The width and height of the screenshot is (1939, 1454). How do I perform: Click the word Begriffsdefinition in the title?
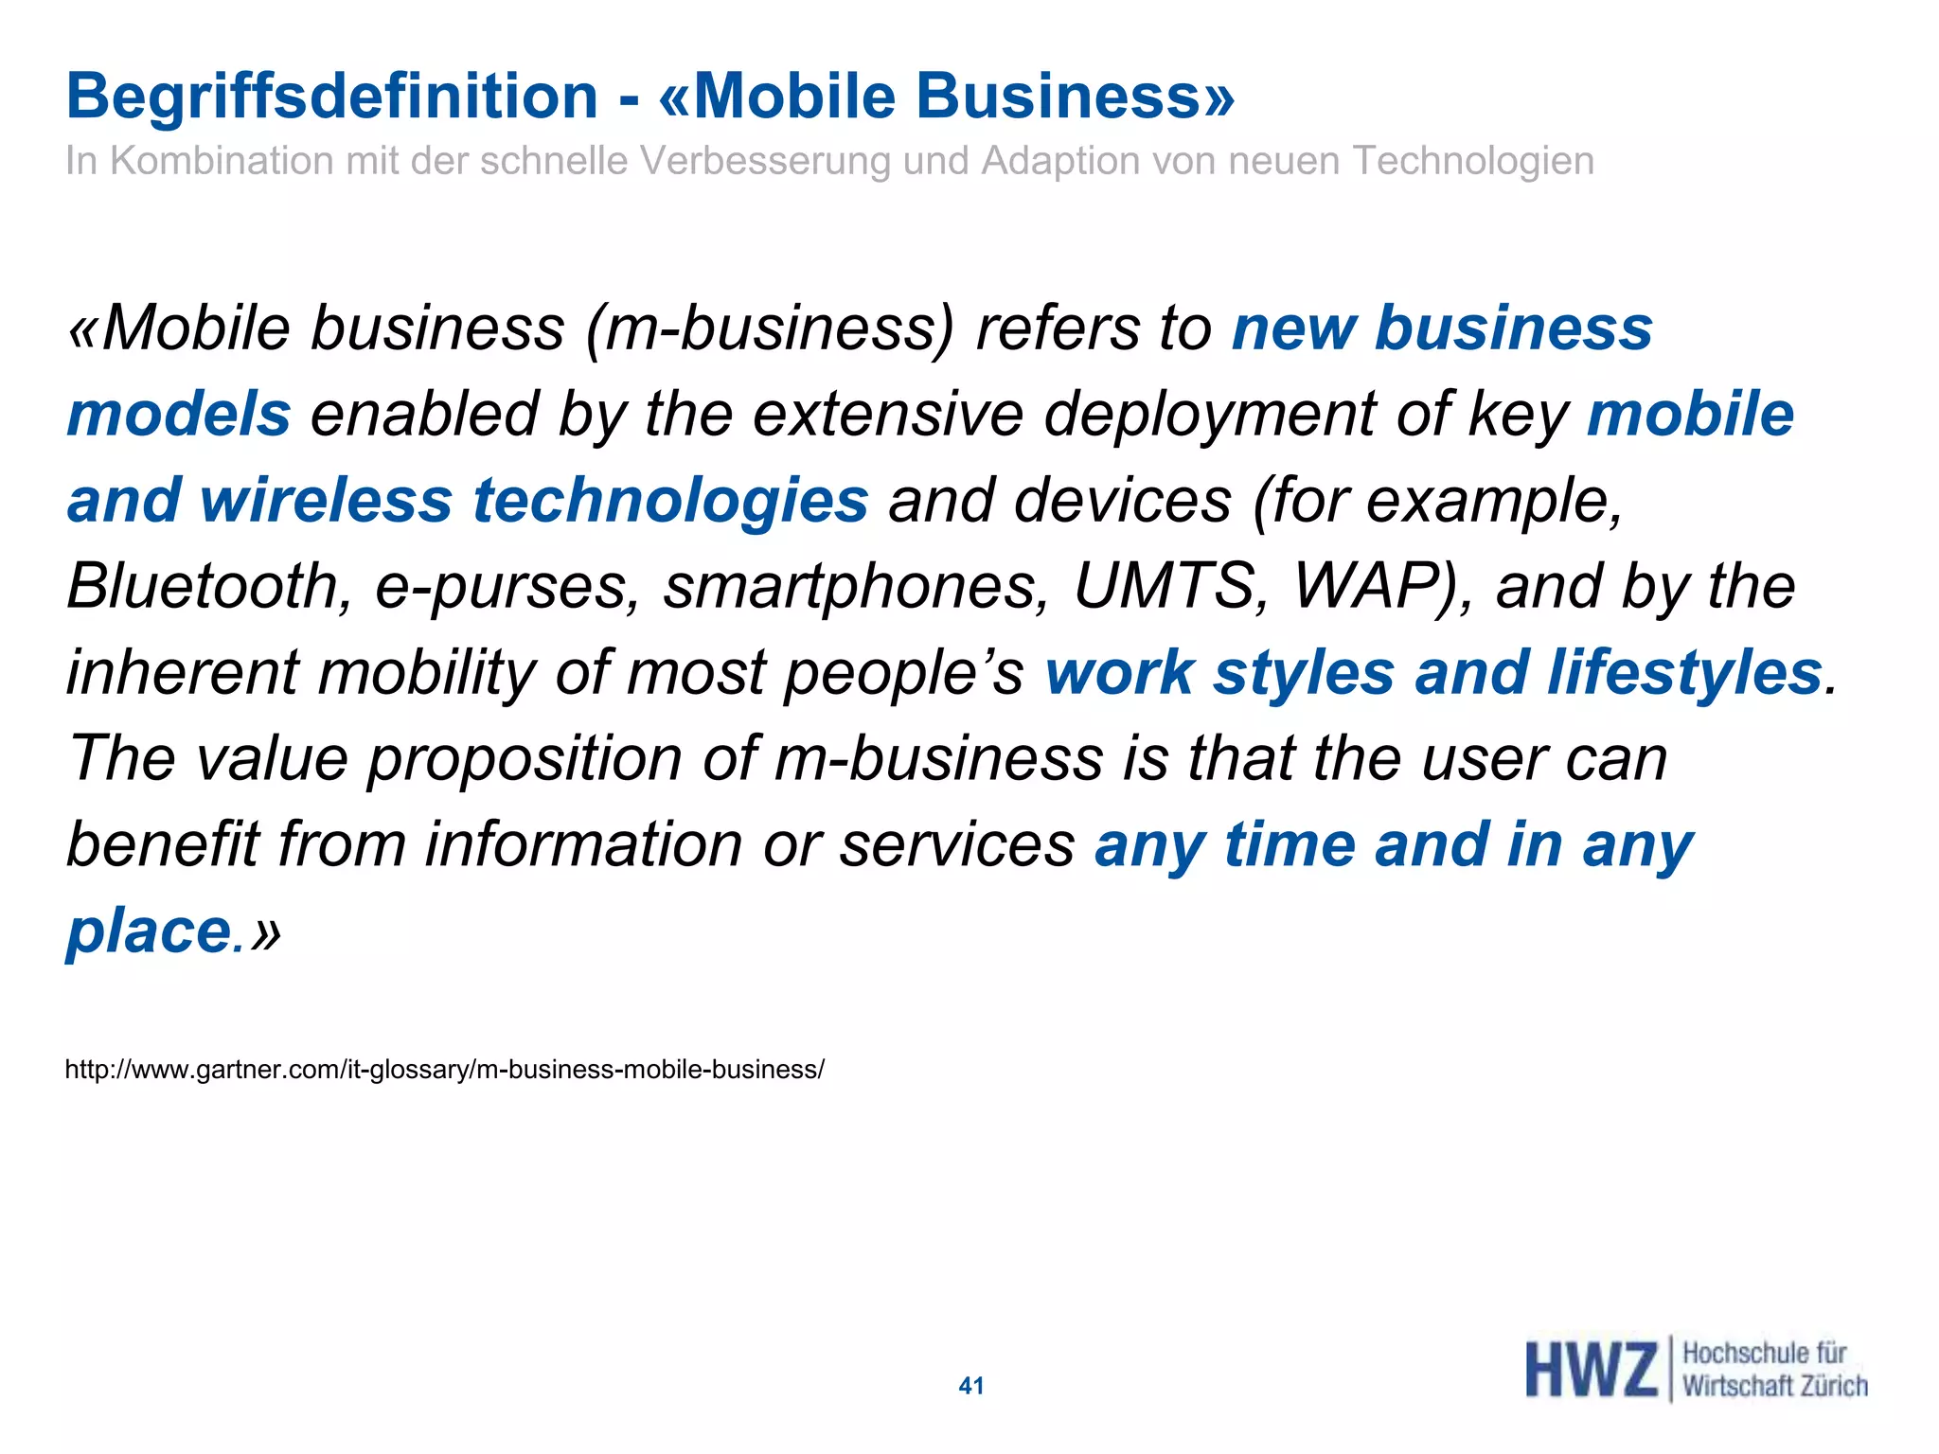click(x=331, y=97)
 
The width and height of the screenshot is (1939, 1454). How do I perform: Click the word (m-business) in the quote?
click(x=770, y=329)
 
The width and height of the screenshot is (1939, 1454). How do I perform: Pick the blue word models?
click(x=179, y=415)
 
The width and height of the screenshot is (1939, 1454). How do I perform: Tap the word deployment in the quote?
click(x=1209, y=415)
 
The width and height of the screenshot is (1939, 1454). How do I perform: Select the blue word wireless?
click(x=326, y=500)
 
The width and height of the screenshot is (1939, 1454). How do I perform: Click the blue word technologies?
click(x=670, y=502)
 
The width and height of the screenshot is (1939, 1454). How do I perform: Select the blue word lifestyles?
click(x=1684, y=673)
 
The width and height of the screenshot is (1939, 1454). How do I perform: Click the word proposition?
click(x=524, y=760)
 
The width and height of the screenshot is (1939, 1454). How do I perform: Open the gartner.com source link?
click(x=444, y=1070)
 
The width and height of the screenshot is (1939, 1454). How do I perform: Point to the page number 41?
click(x=971, y=1386)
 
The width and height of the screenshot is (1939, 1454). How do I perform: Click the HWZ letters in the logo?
click(x=1591, y=1370)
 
